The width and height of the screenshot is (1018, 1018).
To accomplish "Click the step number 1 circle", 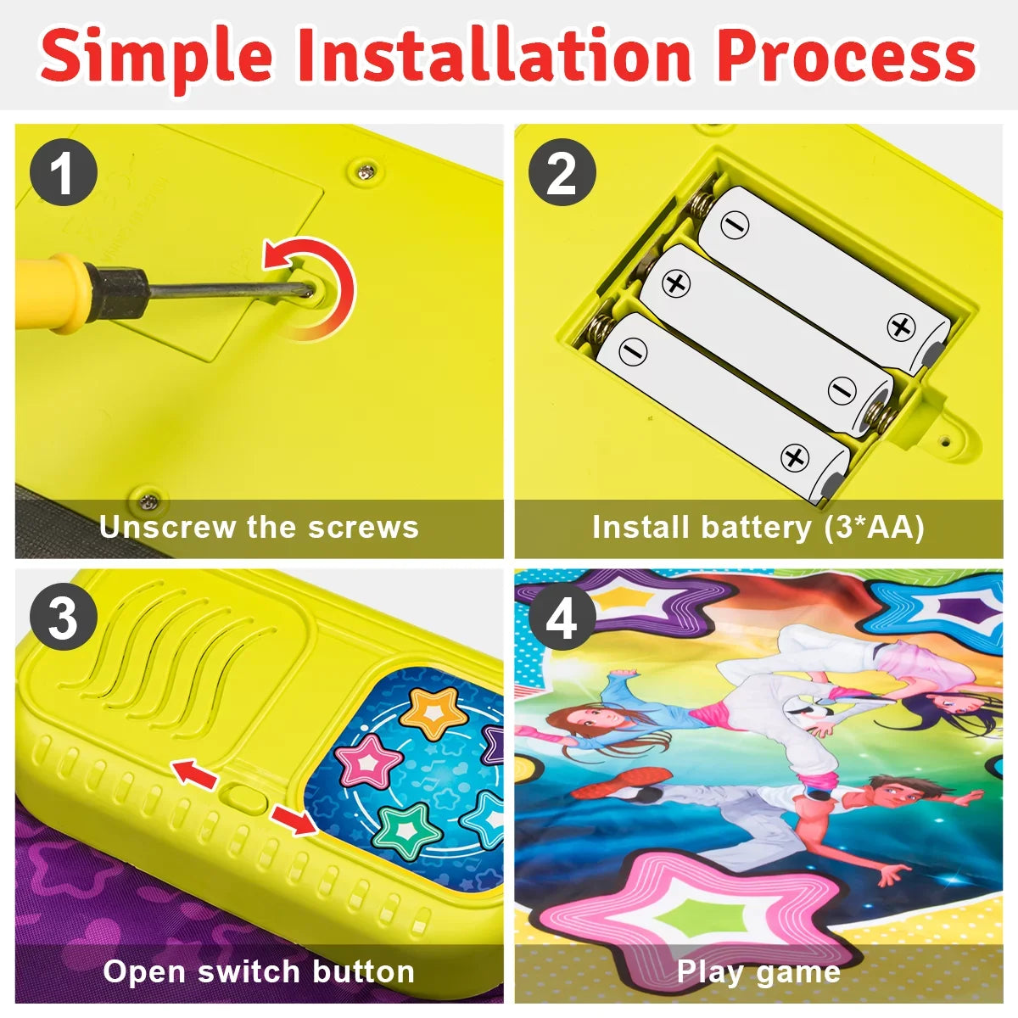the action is tap(64, 172).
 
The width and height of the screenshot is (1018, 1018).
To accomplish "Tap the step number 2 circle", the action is tap(562, 172).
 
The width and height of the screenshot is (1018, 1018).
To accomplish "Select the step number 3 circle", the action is tap(64, 617).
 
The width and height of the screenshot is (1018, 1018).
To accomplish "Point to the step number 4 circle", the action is tap(562, 617).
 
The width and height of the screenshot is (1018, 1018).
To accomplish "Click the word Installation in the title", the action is tap(494, 55).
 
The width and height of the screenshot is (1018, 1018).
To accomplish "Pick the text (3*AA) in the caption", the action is tap(874, 527).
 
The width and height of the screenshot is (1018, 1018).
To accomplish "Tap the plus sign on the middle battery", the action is tap(675, 283).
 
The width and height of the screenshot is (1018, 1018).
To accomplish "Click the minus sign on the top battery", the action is tap(735, 225).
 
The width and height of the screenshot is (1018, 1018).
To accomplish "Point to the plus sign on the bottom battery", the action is tap(795, 457).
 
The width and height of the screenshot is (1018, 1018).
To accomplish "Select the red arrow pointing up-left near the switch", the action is tap(194, 774).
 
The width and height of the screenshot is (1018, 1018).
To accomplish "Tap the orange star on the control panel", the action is tap(433, 712).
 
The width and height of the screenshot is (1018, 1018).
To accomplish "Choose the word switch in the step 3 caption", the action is tap(250, 971).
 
